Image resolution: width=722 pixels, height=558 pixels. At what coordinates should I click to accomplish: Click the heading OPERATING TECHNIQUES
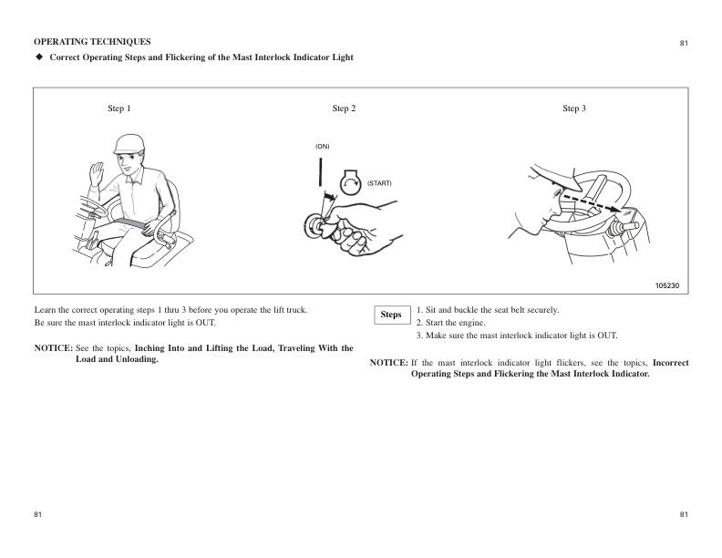click(x=92, y=42)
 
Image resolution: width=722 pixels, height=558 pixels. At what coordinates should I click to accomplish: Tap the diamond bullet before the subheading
click(x=39, y=58)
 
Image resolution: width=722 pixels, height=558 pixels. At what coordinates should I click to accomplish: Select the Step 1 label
click(x=119, y=108)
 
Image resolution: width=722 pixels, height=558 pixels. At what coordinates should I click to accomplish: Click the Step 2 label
click(x=345, y=108)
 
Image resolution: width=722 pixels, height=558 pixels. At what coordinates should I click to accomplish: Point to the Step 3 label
click(x=574, y=108)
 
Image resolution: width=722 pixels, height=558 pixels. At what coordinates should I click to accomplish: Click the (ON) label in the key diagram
click(x=323, y=146)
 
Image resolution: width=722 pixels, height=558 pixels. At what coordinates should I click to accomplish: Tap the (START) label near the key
click(x=378, y=183)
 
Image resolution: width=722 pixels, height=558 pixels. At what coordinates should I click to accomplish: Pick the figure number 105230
click(x=667, y=285)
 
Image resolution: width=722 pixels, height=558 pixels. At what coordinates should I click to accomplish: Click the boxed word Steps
click(x=391, y=315)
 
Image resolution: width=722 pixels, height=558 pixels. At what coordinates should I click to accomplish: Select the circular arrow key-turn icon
click(x=350, y=182)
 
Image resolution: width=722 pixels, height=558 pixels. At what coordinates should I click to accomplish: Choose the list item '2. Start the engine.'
click(x=451, y=323)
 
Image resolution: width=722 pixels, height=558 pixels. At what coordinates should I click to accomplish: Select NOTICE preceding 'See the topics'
click(x=53, y=348)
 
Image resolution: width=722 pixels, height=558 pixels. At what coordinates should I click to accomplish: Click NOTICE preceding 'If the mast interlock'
click(x=388, y=363)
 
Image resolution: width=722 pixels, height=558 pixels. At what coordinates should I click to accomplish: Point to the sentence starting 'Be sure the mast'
click(x=125, y=323)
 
